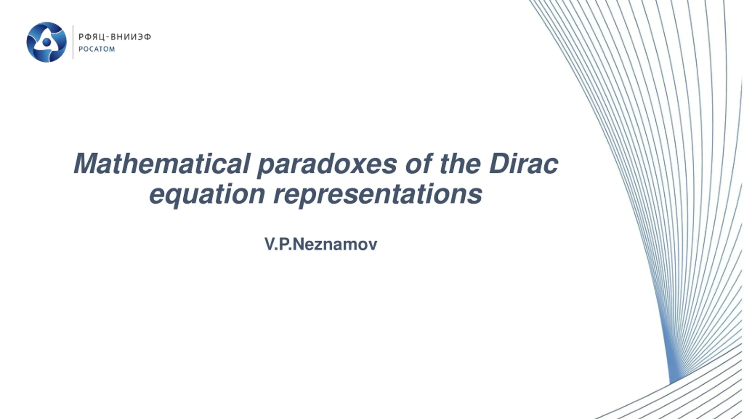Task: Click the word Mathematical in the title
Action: (162, 164)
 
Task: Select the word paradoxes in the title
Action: (327, 166)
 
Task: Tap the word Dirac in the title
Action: (523, 164)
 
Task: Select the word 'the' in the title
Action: (461, 164)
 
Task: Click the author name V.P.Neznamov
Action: (321, 244)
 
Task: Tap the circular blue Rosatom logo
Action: (46, 42)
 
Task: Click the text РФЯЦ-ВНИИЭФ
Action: (115, 37)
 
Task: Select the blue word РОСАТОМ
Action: (97, 49)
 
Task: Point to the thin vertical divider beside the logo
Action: (73, 42)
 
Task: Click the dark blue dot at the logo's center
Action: (46, 42)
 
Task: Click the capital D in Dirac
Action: (500, 164)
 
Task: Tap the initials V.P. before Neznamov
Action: (278, 244)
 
